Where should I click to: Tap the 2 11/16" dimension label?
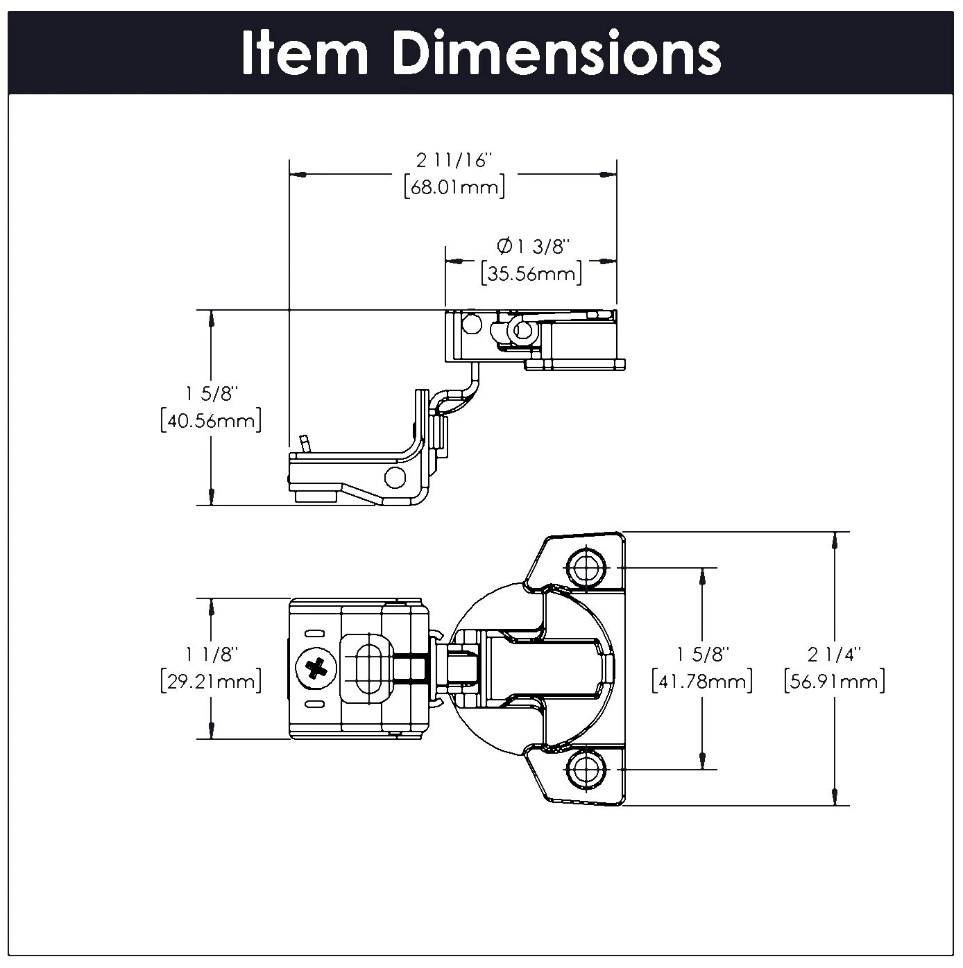[454, 161]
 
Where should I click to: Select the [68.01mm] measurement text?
[454, 188]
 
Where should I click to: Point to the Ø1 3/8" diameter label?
[533, 246]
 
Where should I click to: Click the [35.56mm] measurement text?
[531, 274]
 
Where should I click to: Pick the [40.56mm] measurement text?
[211, 421]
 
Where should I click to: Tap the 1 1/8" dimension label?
[211, 653]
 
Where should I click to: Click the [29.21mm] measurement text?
[211, 681]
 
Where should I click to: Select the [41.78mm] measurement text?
[702, 681]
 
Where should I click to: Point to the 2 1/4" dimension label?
[834, 653]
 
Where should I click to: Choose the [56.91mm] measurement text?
[834, 681]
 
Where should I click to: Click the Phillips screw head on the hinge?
[316, 668]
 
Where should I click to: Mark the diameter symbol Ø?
[504, 246]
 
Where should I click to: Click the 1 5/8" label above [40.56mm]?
[211, 394]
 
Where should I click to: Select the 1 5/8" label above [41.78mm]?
[702, 653]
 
